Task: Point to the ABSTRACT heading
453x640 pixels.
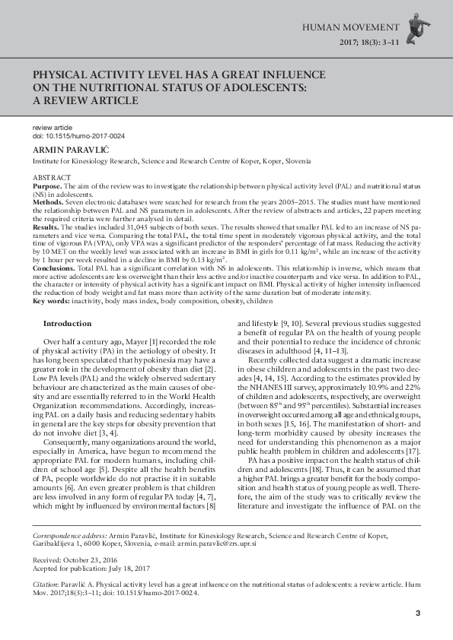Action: point(49,177)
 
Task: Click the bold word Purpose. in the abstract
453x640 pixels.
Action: point(46,185)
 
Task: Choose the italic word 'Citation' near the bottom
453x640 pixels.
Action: point(45,586)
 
